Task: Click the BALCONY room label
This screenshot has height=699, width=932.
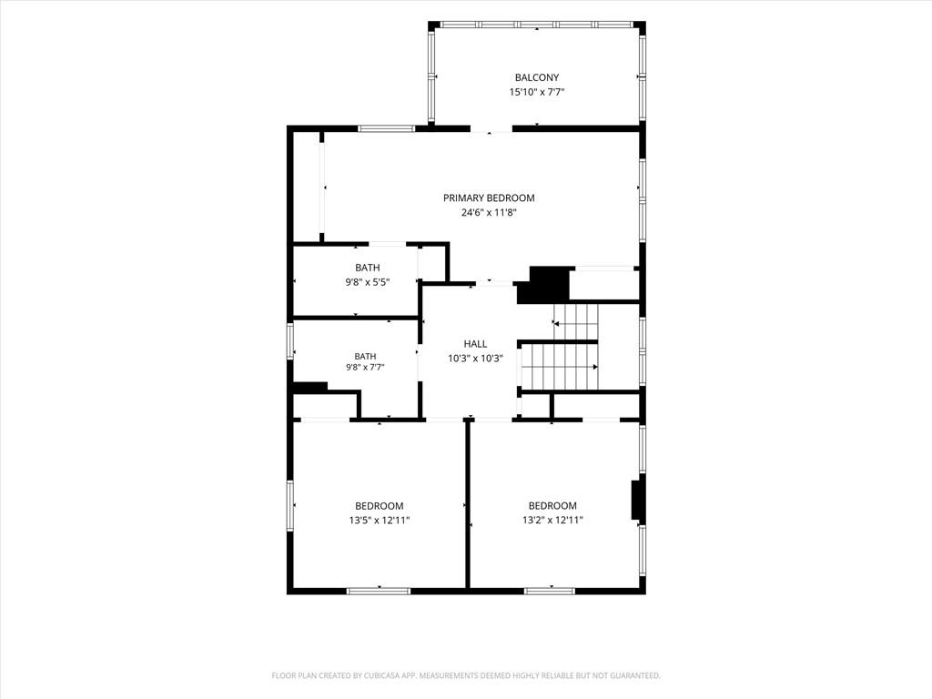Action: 537,77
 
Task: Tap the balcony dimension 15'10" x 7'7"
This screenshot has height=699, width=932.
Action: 537,92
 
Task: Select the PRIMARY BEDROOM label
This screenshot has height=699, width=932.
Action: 489,198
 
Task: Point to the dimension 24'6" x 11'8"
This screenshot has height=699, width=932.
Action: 489,212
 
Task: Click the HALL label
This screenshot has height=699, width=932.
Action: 475,343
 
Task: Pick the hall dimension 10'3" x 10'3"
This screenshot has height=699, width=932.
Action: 475,359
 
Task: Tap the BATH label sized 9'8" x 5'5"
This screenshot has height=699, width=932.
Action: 368,268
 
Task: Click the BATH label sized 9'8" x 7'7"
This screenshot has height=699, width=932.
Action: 365,356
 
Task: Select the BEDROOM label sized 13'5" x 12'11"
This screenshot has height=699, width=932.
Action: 380,506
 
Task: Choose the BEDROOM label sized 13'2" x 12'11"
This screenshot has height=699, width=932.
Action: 552,506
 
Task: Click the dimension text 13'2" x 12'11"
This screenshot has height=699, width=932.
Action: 552,520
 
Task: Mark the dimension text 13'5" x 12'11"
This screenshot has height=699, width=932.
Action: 380,520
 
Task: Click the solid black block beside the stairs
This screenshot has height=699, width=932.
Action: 544,285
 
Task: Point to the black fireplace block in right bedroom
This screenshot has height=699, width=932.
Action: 637,500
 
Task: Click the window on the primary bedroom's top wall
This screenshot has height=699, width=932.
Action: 386,128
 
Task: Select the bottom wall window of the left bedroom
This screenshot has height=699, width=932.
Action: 379,591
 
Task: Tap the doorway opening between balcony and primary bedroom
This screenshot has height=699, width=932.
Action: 491,128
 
